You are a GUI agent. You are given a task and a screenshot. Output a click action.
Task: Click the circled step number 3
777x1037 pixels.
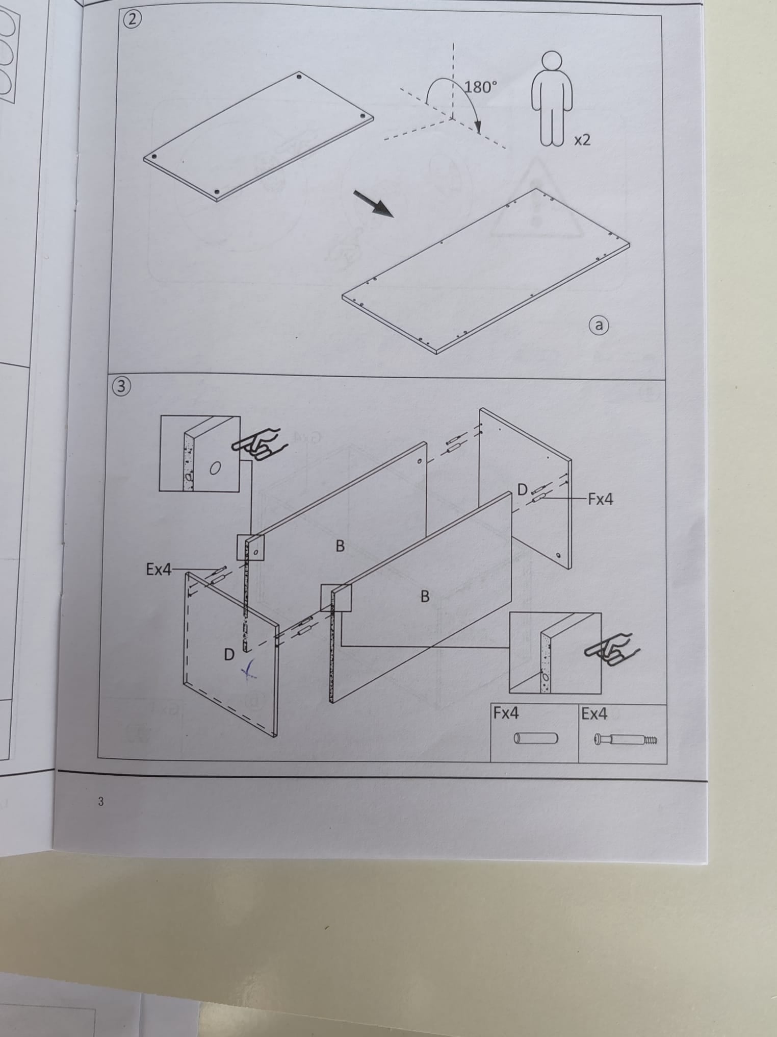121,386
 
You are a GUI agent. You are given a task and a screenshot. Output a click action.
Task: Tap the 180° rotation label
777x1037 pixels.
480,87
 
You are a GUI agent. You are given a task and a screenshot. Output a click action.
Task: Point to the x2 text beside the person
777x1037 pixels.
582,140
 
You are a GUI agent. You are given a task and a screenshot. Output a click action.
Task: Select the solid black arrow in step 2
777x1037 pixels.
375,204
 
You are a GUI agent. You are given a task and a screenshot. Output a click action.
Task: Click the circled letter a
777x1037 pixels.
599,325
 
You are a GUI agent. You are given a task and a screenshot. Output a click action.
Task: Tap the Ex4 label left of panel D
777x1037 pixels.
159,570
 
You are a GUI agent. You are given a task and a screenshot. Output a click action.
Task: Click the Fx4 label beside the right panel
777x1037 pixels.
600,499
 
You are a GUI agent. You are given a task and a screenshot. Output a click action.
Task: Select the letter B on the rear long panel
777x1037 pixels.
340,546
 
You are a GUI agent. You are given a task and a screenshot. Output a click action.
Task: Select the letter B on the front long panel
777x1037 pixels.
425,596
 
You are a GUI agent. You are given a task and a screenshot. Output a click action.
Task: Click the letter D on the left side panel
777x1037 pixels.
229,654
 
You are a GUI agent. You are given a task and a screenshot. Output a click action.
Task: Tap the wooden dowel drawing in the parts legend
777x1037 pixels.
535,738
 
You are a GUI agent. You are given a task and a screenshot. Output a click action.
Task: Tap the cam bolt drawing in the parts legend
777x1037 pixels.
625,739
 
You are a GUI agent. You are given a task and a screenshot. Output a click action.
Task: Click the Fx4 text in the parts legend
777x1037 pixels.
506,713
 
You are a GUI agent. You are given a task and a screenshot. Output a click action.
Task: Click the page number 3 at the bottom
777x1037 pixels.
100,802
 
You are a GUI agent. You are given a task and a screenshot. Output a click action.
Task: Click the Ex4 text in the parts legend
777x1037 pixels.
594,714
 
